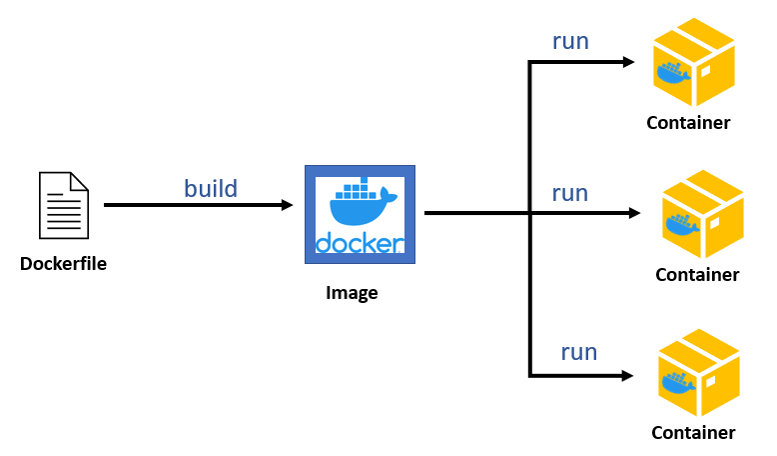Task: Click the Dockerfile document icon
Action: pyautogui.click(x=63, y=205)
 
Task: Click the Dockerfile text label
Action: pyautogui.click(x=63, y=264)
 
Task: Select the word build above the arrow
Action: pyautogui.click(x=211, y=187)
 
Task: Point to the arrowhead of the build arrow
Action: pyautogui.click(x=287, y=205)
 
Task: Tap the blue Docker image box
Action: pyautogui.click(x=360, y=214)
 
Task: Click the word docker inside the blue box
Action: pyautogui.click(x=360, y=243)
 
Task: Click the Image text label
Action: pyautogui.click(x=352, y=293)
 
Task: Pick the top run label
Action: pyautogui.click(x=570, y=41)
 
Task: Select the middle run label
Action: pyautogui.click(x=570, y=192)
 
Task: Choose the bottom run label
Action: pyautogui.click(x=578, y=352)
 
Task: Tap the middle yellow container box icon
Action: pyautogui.click(x=702, y=214)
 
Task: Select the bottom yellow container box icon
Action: pyautogui.click(x=698, y=373)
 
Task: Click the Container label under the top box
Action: pyautogui.click(x=688, y=124)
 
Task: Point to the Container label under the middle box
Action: pyautogui.click(x=697, y=274)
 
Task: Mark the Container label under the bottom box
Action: pyautogui.click(x=693, y=433)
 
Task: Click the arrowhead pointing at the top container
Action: pyautogui.click(x=629, y=62)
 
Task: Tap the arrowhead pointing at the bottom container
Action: pyautogui.click(x=629, y=376)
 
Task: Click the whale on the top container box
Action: pyautogui.click(x=672, y=74)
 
